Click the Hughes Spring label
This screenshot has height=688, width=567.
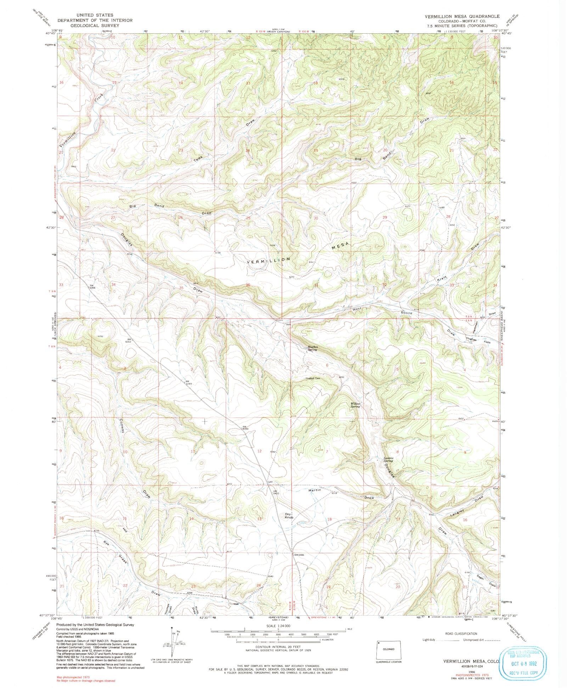(x=312, y=348)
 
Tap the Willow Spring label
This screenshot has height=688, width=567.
(x=355, y=405)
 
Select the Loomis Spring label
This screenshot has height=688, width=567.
(x=388, y=459)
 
